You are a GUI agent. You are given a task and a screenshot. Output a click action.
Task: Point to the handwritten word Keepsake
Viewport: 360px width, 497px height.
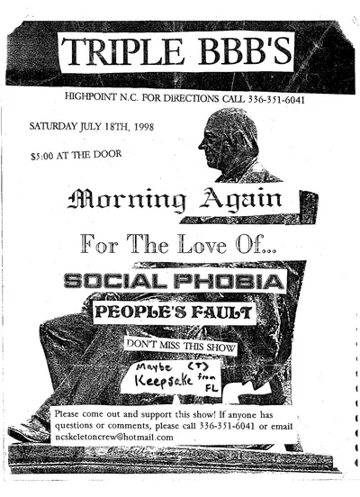click(x=169, y=379)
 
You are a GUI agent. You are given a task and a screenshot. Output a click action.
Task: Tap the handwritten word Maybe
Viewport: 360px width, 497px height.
click(x=157, y=366)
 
